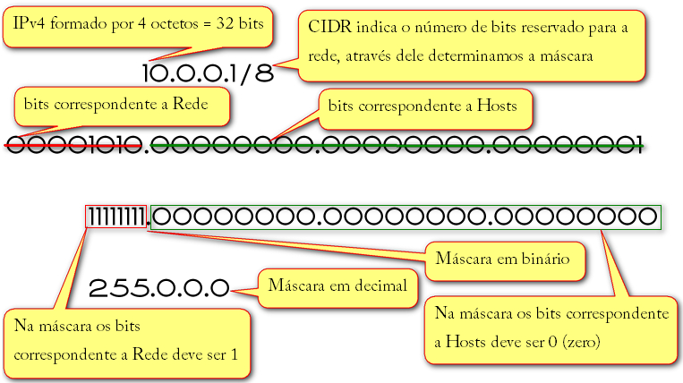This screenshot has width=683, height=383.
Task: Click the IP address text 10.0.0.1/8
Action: (207, 73)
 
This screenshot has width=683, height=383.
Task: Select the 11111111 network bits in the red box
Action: (116, 217)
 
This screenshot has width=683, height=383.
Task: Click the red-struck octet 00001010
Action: (74, 144)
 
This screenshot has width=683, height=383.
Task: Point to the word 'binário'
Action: (541, 260)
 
